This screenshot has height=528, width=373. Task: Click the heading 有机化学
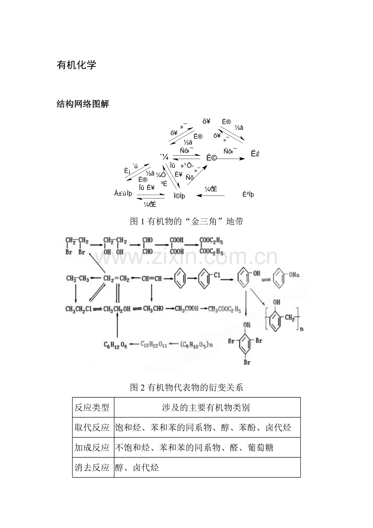pos(77,65)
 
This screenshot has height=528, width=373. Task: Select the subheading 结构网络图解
pos(83,104)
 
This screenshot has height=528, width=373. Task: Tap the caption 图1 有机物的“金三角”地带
pos(186,221)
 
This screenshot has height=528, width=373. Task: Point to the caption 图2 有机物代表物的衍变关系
pos(186,387)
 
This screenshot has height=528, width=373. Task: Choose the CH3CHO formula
pos(153,309)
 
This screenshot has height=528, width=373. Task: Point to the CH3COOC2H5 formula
pos(225,310)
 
